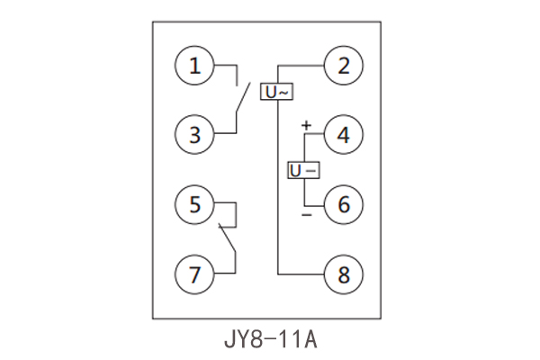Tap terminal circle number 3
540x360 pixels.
(195, 136)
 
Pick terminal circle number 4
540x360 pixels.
(343, 136)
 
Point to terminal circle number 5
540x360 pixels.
(195, 204)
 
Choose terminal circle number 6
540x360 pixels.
(343, 204)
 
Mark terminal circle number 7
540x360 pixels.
(195, 273)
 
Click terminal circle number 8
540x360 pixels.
(343, 273)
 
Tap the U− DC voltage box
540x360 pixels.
(303, 170)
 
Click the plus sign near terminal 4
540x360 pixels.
(306, 125)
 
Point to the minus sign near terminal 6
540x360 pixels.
(306, 216)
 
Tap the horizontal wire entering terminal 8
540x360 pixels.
(300, 273)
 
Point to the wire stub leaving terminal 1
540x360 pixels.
(226, 66)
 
